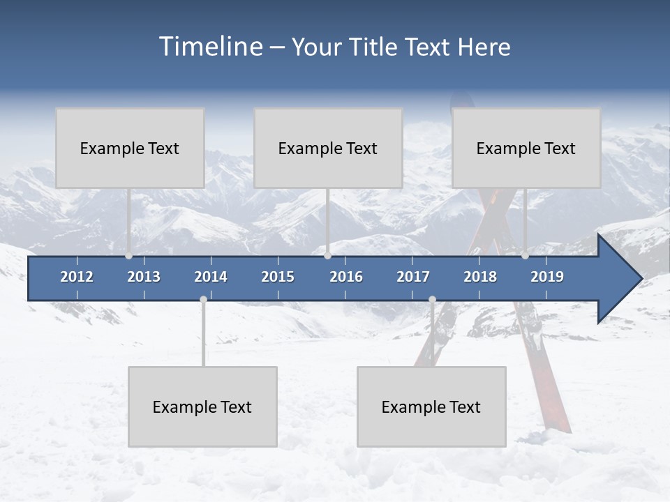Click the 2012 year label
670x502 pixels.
coord(77,277)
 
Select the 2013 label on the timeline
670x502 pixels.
coord(144,277)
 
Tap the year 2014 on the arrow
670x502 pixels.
coord(211,277)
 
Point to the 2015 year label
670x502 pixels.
coord(278,277)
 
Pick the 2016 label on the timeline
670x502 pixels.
coord(346,277)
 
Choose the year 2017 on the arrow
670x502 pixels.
coord(413,277)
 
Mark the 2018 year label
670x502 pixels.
coord(480,277)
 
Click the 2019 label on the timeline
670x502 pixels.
coord(547,277)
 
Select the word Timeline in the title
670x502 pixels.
coord(211,47)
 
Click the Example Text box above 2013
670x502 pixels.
coord(130,148)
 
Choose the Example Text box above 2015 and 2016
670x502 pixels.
coord(328,148)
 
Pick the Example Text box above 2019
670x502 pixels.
coord(526,148)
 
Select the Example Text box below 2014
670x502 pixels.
coord(202,406)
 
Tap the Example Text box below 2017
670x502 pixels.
coord(431,406)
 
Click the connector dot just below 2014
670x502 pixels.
coord(203,299)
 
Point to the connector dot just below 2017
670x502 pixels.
coord(432,299)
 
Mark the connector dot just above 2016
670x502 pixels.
coord(327,256)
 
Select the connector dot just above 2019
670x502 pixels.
coord(525,256)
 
